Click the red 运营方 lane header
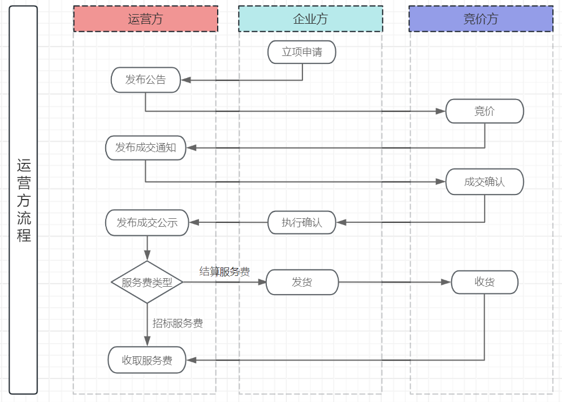tap(145, 19)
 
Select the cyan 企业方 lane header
tap(310, 19)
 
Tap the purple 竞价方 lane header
tap(481, 19)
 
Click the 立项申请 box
tap(302, 52)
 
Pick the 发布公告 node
tap(145, 80)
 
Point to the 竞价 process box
tap(485, 111)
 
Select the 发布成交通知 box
tap(145, 148)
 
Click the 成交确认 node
tap(485, 182)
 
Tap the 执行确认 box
tap(302, 223)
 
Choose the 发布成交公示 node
tap(147, 223)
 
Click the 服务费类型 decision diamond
tap(147, 282)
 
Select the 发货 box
tap(302, 282)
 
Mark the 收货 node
tap(485, 282)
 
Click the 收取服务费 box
tap(147, 360)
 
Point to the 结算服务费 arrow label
tap(224, 271)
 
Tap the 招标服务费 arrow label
tap(178, 323)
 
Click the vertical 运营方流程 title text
tap(24, 201)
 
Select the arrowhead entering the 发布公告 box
tap(185, 80)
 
